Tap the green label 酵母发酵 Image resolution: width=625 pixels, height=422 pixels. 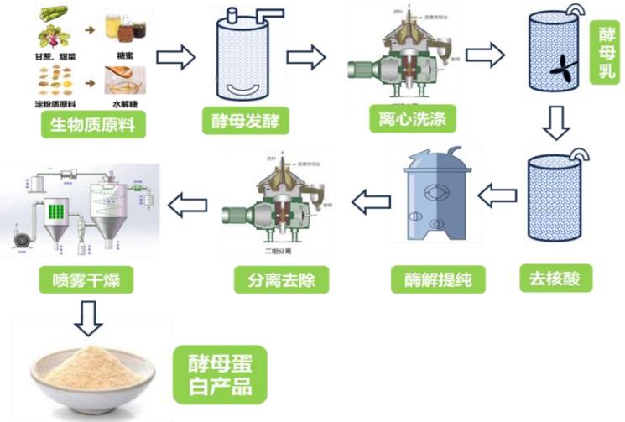(x=246, y=121)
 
